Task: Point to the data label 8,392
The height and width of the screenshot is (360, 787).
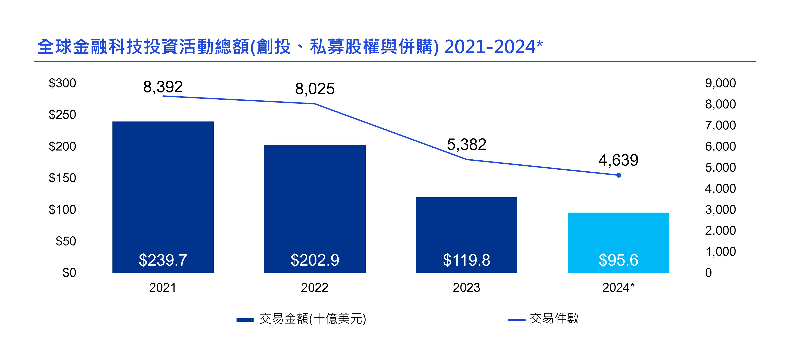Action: pos(163,87)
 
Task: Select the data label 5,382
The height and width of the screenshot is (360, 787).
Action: pos(466,145)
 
